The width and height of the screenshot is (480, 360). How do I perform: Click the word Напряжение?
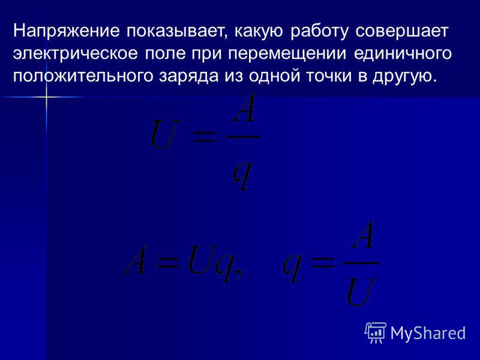click(66, 32)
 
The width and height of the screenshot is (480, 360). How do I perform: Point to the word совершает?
click(402, 31)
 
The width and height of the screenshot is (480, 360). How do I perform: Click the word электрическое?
click(76, 53)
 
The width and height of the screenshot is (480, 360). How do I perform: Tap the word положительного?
click(83, 76)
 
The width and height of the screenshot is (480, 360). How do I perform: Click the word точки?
click(329, 76)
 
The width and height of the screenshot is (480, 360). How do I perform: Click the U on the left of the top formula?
click(164, 134)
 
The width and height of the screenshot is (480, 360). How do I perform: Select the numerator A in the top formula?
click(243, 108)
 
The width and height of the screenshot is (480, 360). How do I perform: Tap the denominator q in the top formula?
click(242, 175)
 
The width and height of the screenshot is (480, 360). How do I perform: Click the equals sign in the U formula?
click(203, 137)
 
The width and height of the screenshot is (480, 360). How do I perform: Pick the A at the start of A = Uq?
click(135, 259)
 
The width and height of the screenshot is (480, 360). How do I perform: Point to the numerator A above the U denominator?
click(362, 234)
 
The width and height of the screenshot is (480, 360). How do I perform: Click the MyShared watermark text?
click(428, 333)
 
